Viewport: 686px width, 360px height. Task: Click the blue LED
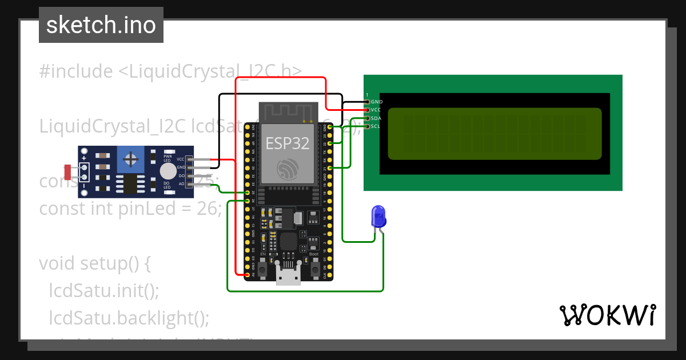(378, 216)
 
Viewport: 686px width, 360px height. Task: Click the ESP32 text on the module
(288, 143)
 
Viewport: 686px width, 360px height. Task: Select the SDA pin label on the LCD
(376, 118)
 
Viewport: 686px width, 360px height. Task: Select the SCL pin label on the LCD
(376, 126)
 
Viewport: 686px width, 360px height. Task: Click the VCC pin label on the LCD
(376, 110)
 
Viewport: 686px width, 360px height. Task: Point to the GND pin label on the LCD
(376, 102)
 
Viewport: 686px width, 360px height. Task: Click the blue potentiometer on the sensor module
(131, 158)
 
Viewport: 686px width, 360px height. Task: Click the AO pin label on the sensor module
(181, 184)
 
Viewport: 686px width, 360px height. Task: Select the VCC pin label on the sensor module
(181, 159)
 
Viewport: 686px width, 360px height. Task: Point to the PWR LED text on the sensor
(168, 157)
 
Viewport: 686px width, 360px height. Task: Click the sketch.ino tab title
(101, 25)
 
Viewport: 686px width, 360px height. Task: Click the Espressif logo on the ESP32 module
(288, 169)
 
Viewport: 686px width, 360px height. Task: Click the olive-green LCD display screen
(494, 134)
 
